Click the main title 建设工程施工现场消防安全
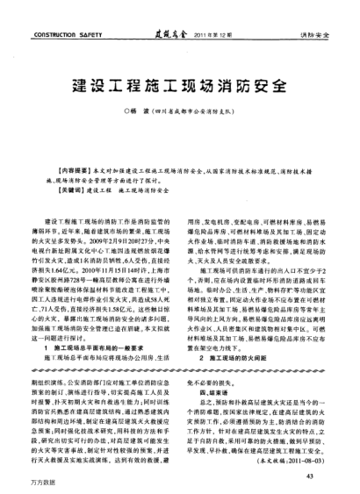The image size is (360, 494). [x=179, y=89]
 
